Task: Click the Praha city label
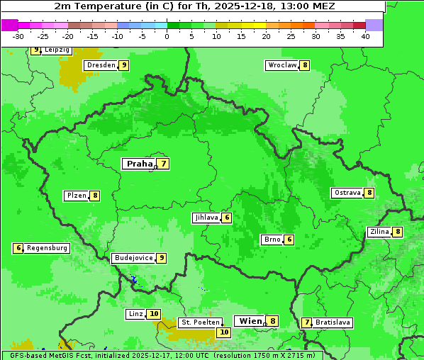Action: pyautogui.click(x=139, y=164)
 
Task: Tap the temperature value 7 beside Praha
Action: pyautogui.click(x=164, y=164)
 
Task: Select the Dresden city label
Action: pyautogui.click(x=100, y=65)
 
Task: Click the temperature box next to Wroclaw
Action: pyautogui.click(x=305, y=65)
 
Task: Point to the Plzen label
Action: pyautogui.click(x=76, y=196)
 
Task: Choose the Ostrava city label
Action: pyautogui.click(x=347, y=193)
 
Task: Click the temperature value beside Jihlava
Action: pyautogui.click(x=227, y=218)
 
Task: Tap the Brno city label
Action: pyautogui.click(x=272, y=240)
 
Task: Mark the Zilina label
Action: pyautogui.click(x=379, y=232)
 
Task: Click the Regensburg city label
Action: pyautogui.click(x=47, y=248)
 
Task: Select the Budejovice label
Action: pyautogui.click(x=133, y=258)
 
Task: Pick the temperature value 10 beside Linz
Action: pyautogui.click(x=154, y=314)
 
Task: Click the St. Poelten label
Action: pyautogui.click(x=201, y=322)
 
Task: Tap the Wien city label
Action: pyautogui.click(x=250, y=321)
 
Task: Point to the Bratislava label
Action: pyautogui.click(x=333, y=322)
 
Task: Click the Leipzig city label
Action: pyautogui.click(x=57, y=50)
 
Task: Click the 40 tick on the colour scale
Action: pyautogui.click(x=365, y=36)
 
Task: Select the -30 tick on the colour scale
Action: pyautogui.click(x=18, y=36)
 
